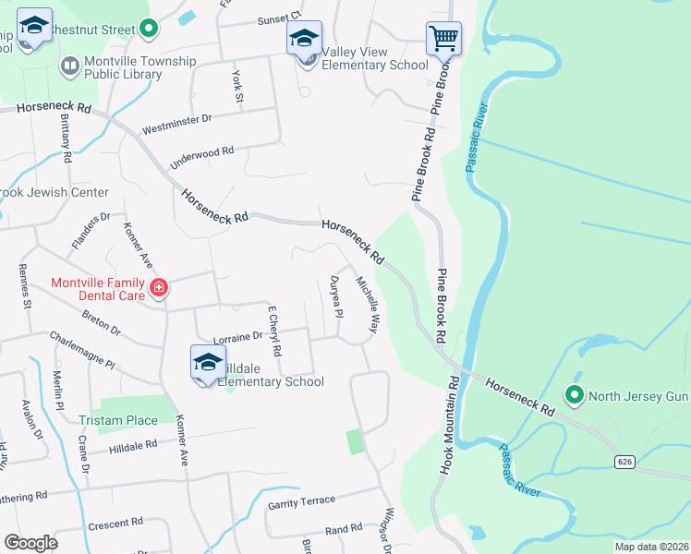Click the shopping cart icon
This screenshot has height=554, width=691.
click(x=443, y=39)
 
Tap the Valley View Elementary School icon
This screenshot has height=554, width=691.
click(x=304, y=39)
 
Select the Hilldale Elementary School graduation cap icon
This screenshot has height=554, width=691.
click(x=208, y=363)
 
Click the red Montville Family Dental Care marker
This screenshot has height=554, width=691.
click(x=158, y=288)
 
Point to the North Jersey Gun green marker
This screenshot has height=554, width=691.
click(x=575, y=396)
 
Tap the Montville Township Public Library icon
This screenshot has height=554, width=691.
click(x=68, y=66)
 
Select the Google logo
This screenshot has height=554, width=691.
click(x=30, y=543)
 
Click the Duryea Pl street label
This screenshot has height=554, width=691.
click(x=337, y=297)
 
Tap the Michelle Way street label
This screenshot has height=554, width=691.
click(x=368, y=305)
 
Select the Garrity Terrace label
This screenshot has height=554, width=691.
click(x=301, y=500)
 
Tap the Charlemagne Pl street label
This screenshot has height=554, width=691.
click(x=82, y=351)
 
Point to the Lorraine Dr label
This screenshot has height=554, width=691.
click(x=238, y=339)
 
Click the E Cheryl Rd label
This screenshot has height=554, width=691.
click(x=273, y=332)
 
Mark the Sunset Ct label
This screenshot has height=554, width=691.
click(x=279, y=18)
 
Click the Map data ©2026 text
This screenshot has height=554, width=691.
click(x=650, y=547)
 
